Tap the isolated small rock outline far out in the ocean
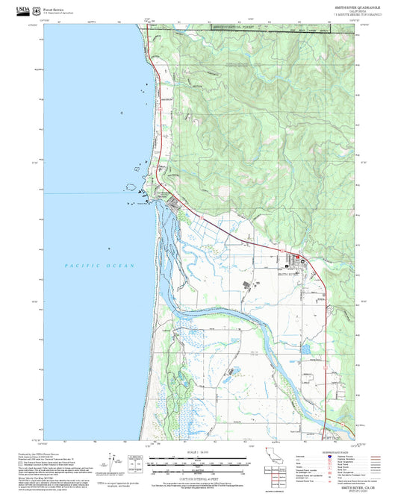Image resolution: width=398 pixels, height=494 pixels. pyautogui.click(x=110, y=248)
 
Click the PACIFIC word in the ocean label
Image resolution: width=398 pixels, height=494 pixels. pyautogui.click(x=78, y=266)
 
